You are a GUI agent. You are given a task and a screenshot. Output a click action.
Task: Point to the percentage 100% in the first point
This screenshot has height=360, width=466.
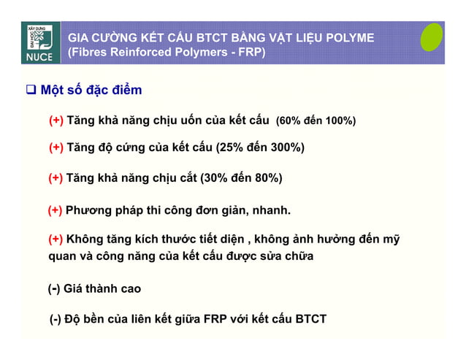tap(339, 120)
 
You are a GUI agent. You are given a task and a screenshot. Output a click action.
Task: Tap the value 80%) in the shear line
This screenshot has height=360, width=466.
tap(266, 177)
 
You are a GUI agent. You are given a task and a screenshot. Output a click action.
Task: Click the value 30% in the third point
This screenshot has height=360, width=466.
tap(217, 177)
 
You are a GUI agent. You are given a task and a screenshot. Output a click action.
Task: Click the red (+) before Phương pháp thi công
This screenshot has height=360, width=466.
tap(55, 212)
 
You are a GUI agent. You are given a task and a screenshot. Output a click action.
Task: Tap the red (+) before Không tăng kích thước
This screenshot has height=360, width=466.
tap(55, 240)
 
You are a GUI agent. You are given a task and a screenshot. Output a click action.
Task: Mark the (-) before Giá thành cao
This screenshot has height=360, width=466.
tap(53, 289)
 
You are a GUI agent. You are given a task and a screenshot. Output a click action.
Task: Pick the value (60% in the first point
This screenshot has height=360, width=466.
tap(289, 120)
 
